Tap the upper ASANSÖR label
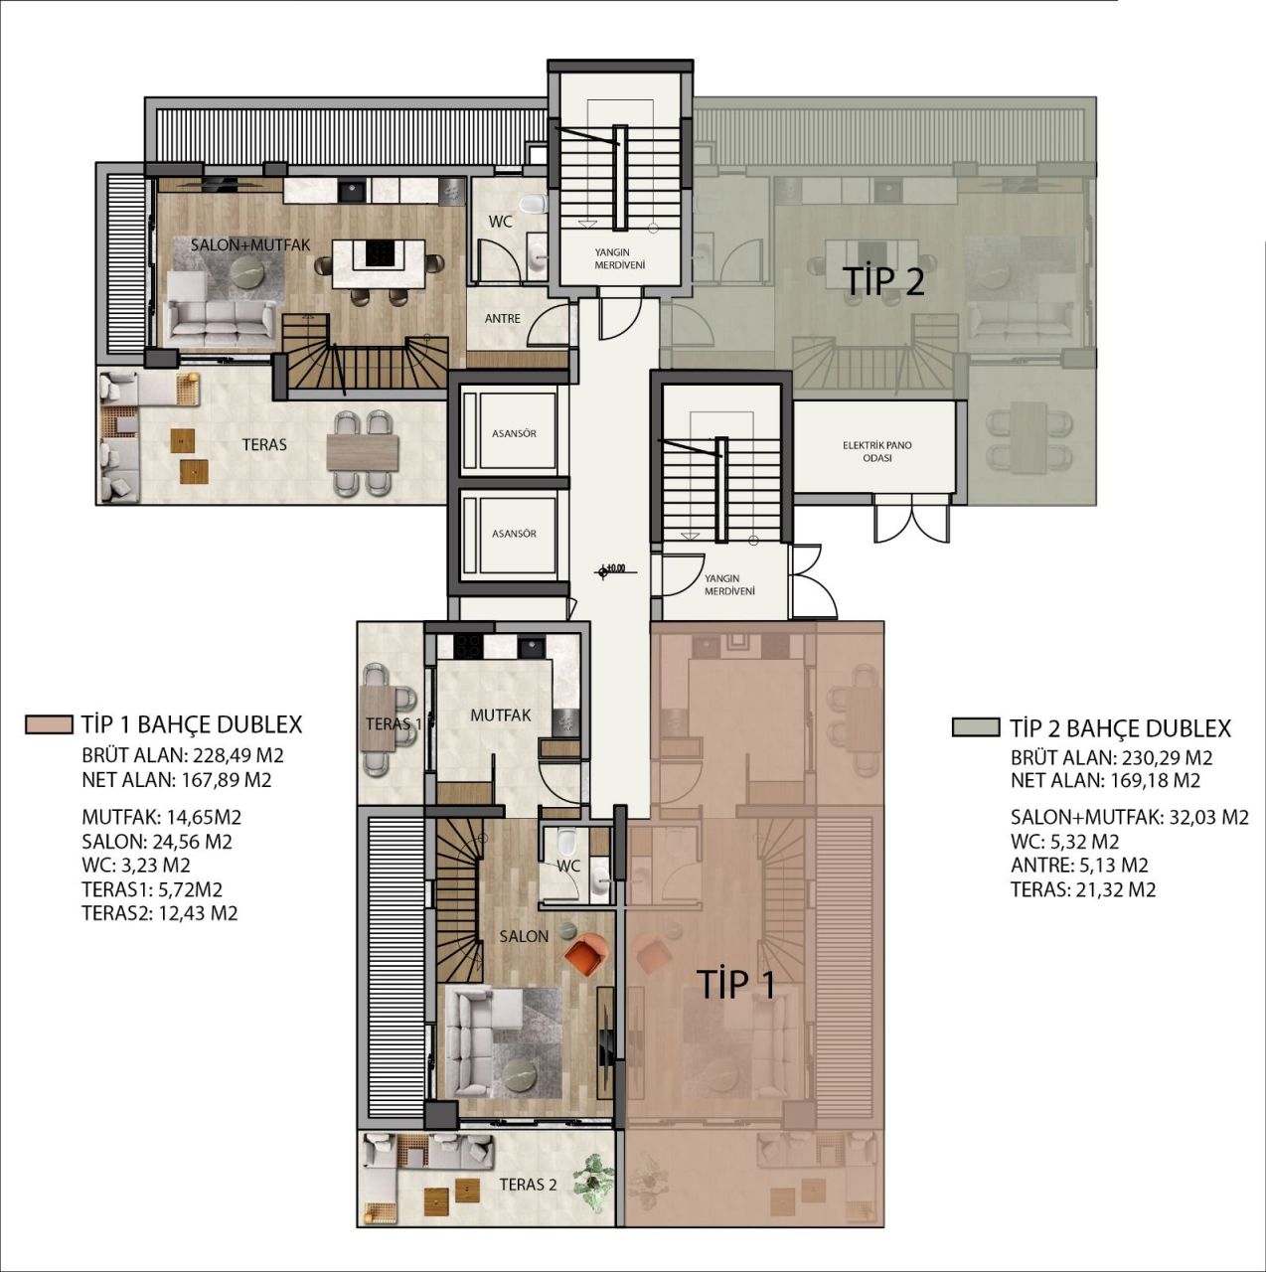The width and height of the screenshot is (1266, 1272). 514,434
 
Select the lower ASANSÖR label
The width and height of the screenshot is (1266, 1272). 514,534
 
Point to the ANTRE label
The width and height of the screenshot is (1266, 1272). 502,319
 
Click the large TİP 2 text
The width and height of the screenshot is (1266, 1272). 883,282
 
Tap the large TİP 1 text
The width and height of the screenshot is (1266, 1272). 735,984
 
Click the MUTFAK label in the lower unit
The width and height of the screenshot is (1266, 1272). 500,715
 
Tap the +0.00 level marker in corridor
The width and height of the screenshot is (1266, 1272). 609,570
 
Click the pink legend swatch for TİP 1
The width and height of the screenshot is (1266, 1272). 49,724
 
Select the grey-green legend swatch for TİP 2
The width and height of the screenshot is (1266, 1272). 975,727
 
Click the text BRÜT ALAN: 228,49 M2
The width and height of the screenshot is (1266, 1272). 183,755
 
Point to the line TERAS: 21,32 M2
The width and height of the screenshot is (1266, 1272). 1083,890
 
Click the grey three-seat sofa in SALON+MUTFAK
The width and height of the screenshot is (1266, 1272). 220,319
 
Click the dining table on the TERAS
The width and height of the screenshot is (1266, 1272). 362,452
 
